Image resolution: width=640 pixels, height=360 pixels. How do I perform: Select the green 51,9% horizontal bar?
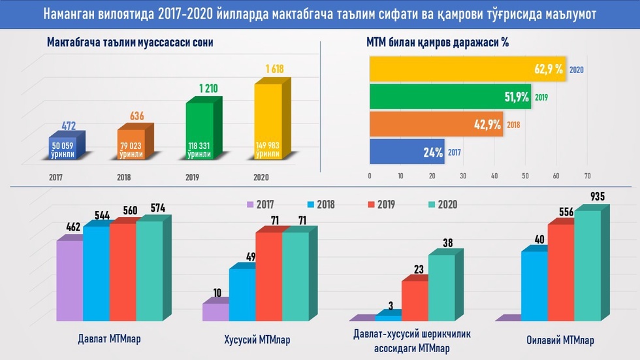tap(451, 97)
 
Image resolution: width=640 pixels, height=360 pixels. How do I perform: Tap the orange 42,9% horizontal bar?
tap(436, 124)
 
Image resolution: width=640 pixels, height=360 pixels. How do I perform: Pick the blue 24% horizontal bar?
tap(407, 152)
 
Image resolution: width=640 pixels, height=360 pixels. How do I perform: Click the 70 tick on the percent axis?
tap(587, 176)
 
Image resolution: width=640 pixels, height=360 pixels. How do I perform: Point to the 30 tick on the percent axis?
tap(462, 176)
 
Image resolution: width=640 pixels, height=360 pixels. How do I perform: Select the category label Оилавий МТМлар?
tap(560, 340)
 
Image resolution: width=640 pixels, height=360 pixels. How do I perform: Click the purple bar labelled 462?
tap(69, 281)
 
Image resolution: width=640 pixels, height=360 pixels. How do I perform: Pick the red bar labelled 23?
tap(414, 300)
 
